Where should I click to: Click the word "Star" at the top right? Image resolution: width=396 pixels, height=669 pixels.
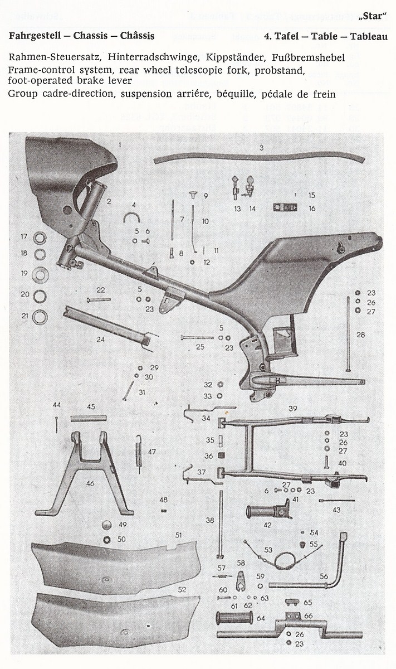coord(373,16)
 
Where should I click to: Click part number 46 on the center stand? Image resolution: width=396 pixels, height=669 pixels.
coord(90,483)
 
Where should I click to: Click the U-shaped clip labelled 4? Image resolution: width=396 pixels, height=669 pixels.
coord(131,217)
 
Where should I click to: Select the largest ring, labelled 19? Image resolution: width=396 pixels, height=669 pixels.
coord(40,274)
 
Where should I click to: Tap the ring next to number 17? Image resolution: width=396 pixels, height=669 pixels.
coord(40,239)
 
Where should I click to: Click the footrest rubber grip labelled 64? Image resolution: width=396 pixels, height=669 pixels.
coord(234,618)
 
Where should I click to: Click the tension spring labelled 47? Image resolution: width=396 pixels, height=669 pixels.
coord(139,453)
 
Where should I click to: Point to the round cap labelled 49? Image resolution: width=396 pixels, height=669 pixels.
coord(106,525)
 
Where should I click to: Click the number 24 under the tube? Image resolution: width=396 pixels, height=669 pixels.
coord(100,340)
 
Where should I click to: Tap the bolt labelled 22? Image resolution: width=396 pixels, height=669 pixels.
coord(99,299)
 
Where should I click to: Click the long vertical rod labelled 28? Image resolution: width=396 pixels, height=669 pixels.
coord(348,333)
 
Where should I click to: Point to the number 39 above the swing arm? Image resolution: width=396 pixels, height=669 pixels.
coord(293,408)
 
